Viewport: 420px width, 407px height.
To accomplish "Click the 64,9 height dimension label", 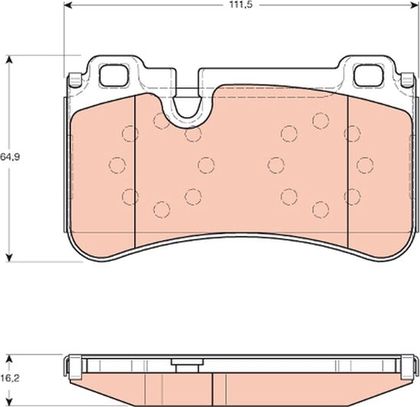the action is (x=10, y=157).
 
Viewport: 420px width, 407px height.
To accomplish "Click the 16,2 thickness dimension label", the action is (x=10, y=378).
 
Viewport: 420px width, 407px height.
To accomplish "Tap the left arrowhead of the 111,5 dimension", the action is (x=68, y=5).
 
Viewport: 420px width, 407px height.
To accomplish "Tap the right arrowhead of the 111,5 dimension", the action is (x=413, y=5).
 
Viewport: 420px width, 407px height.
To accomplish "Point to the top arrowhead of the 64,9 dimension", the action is (x=10, y=60).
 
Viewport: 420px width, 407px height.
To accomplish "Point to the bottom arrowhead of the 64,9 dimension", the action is (x=10, y=257).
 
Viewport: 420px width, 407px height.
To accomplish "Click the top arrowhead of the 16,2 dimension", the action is (x=10, y=359).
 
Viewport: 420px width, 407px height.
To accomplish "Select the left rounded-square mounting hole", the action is (x=114, y=75).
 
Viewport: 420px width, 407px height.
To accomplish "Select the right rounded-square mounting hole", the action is (x=367, y=75).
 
